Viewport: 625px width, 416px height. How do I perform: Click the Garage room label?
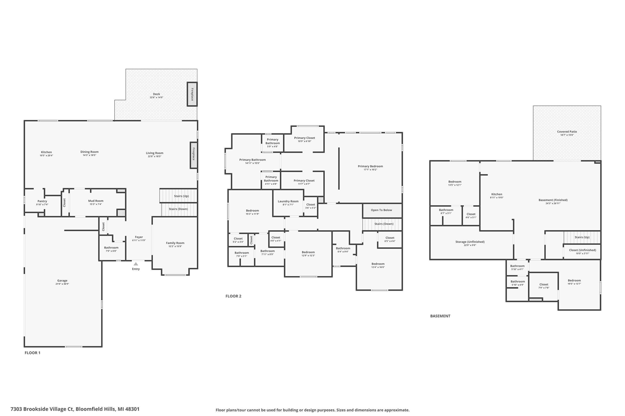click(62, 281)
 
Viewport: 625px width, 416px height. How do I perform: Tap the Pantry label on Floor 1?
click(42, 201)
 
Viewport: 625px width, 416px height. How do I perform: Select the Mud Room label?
click(96, 201)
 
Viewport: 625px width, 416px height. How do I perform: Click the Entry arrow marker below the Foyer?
click(136, 264)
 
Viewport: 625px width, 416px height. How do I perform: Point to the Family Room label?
click(175, 243)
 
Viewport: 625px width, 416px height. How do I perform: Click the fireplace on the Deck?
click(192, 94)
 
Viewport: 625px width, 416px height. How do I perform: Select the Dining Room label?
click(89, 152)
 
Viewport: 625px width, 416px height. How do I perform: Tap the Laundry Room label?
click(288, 201)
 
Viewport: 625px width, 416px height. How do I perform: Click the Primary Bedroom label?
click(370, 167)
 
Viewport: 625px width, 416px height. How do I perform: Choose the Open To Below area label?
click(381, 210)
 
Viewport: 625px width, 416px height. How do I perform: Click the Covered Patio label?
click(567, 132)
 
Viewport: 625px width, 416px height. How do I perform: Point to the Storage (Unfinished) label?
click(470, 242)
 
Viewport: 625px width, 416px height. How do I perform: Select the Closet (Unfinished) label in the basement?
click(583, 250)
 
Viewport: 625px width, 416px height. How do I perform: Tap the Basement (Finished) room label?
click(553, 200)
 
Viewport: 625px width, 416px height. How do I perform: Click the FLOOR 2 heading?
click(233, 296)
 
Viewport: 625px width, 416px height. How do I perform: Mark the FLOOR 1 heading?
click(33, 353)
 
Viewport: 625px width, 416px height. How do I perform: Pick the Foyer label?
click(139, 238)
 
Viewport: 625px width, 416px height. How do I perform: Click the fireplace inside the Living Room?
click(193, 155)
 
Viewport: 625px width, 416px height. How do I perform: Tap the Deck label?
click(156, 95)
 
